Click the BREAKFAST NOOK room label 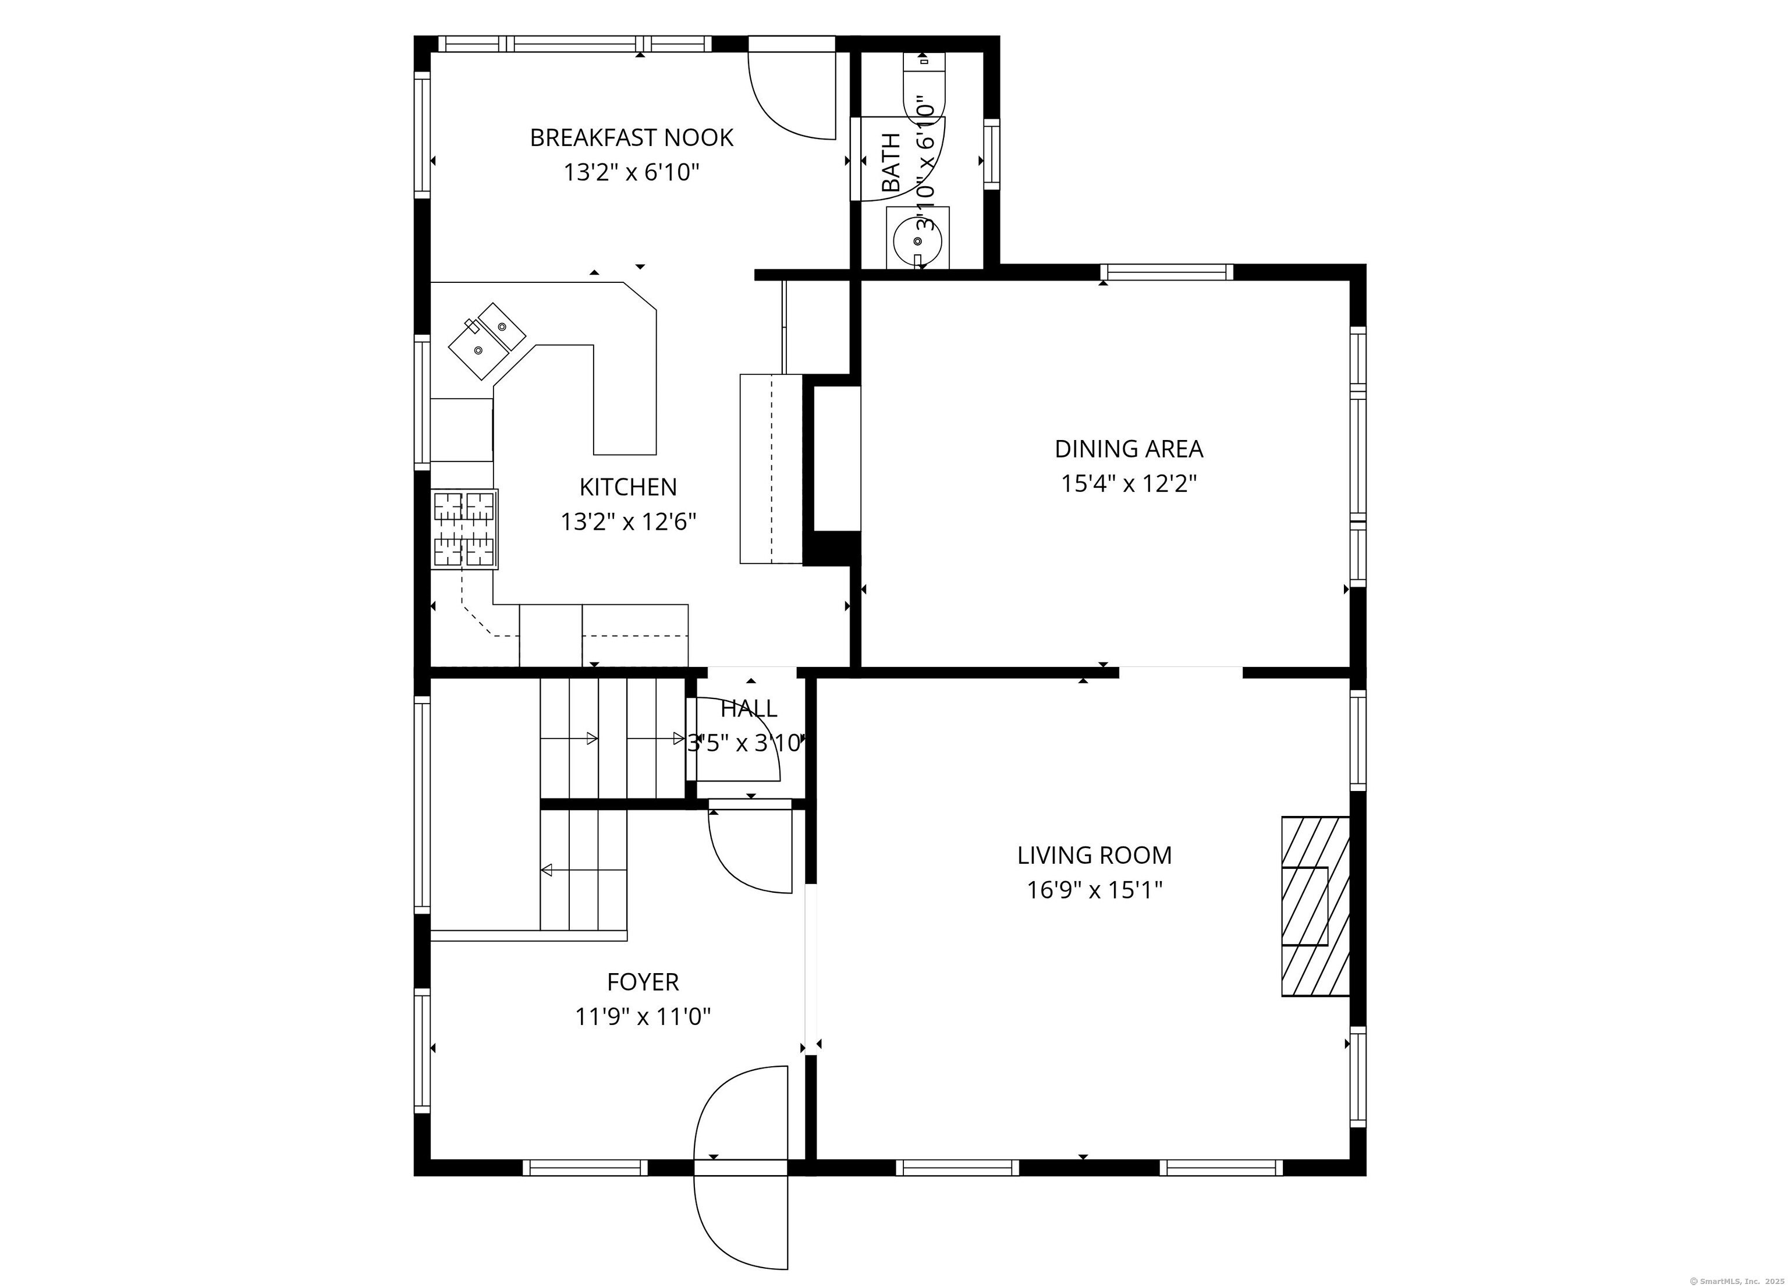(632, 138)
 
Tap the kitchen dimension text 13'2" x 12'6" (629, 522)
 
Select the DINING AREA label (1129, 449)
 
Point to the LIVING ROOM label (1094, 855)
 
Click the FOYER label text (643, 982)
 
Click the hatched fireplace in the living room (1315, 906)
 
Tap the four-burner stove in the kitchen (464, 529)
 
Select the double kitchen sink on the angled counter (487, 340)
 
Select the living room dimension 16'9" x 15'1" (1094, 890)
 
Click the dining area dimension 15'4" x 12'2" (1129, 483)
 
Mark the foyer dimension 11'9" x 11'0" (643, 1017)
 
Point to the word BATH (891, 162)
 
